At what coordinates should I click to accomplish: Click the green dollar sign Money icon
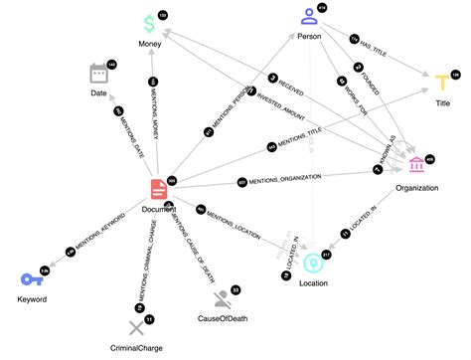coord(148,23)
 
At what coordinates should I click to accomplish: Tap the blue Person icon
coord(310,16)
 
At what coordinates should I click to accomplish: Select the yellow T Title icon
coord(442,82)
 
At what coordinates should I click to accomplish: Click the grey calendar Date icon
coord(98,73)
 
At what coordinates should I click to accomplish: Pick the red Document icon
coord(158,189)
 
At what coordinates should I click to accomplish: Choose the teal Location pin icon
coord(313,263)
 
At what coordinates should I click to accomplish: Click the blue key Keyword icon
coord(30,279)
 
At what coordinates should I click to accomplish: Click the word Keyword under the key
coord(30,298)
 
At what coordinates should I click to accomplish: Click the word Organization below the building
coord(415,187)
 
